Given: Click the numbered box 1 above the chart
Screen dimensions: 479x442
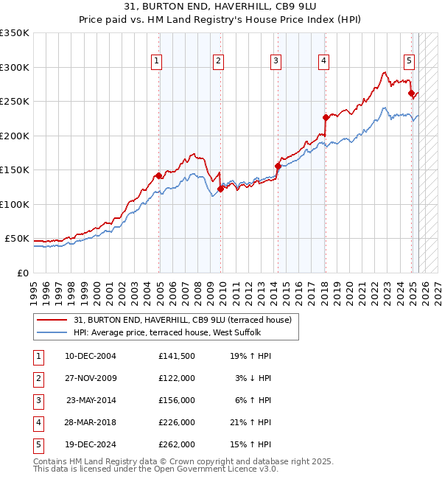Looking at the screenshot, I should (158, 61).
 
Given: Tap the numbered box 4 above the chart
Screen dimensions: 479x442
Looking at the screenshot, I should (323, 61).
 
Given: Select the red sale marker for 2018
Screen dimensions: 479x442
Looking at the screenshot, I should (325, 117).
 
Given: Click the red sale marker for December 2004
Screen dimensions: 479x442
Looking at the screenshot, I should (158, 175).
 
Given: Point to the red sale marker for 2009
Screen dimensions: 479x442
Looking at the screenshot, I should (220, 189).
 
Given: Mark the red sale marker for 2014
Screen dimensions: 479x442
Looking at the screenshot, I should (278, 166).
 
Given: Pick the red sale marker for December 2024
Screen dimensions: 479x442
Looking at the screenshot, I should (411, 93).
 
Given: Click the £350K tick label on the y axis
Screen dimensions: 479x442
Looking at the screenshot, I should (15, 33).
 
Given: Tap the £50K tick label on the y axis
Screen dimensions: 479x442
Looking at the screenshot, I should (17, 239).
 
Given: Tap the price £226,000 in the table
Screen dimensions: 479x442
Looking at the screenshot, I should (177, 422).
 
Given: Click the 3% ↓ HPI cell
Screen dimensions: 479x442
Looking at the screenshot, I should (250, 378).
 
